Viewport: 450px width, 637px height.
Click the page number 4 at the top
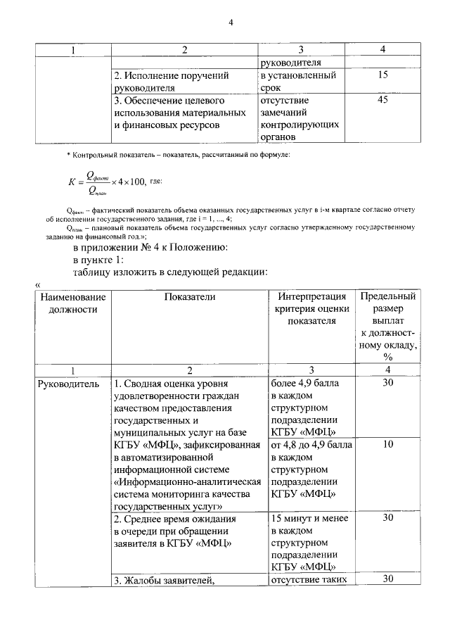pyautogui.click(x=230, y=22)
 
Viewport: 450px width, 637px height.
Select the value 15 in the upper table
pyautogui.click(x=382, y=74)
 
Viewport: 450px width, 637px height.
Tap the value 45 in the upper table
pyautogui.click(x=382, y=100)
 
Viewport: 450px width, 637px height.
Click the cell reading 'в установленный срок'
pyautogui.click(x=298, y=81)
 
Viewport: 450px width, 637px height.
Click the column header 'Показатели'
pyautogui.click(x=190, y=297)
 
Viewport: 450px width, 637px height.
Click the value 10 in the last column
pyautogui.click(x=388, y=445)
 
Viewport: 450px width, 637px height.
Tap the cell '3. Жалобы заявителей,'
pyautogui.click(x=163, y=581)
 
